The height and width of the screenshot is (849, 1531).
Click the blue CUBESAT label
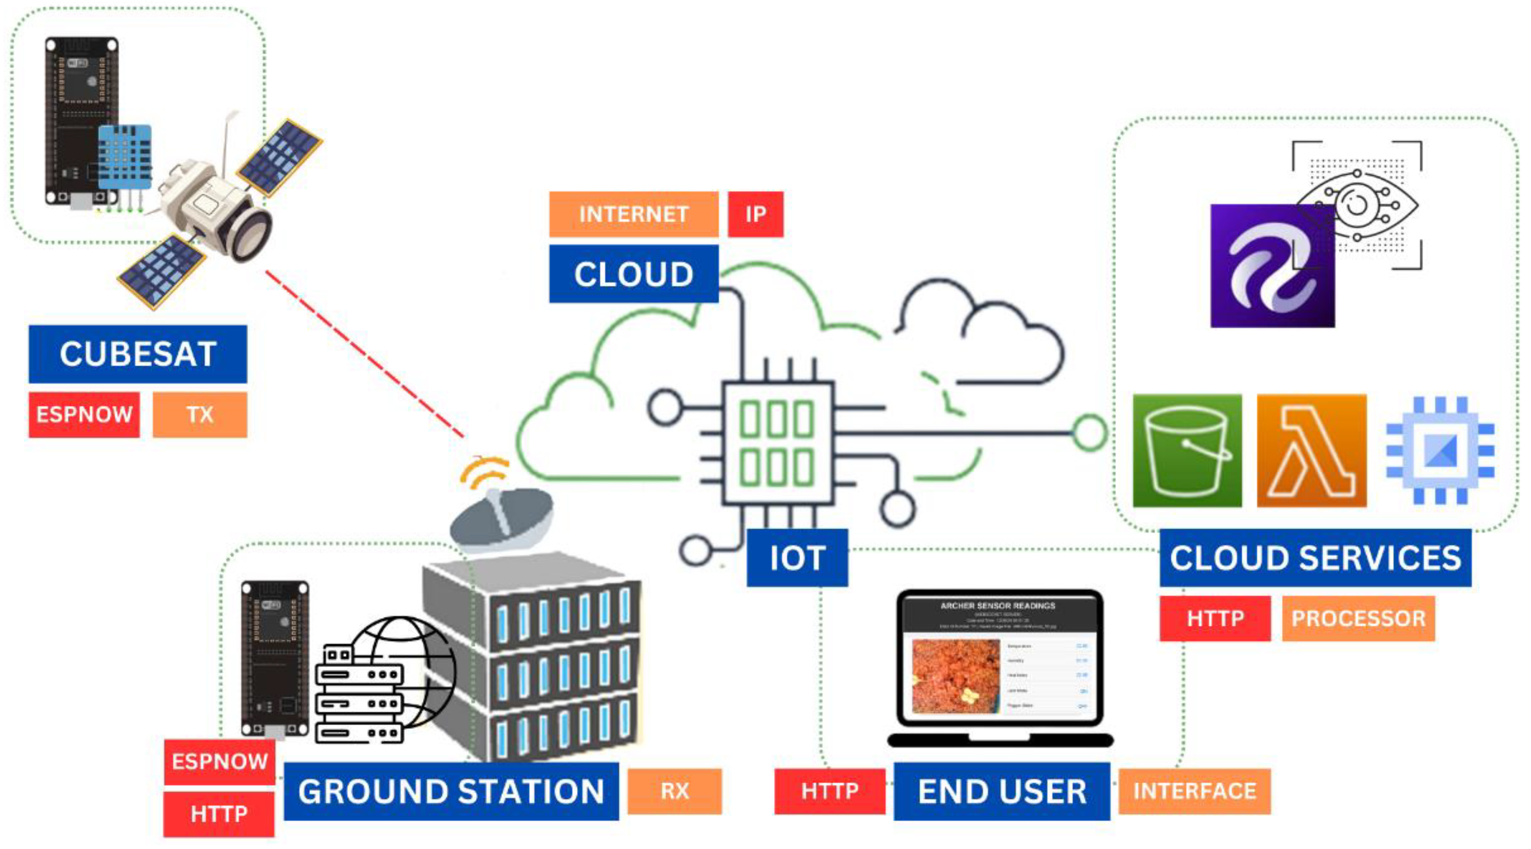tap(137, 354)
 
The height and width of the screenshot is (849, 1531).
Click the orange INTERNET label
tap(634, 214)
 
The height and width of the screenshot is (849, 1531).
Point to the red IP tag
tap(755, 214)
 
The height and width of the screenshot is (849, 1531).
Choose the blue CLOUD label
tap(634, 274)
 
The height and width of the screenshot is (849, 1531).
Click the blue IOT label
tap(797, 558)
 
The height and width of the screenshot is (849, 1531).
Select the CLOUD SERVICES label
tap(1315, 558)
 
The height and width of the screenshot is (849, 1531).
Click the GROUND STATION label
tap(451, 791)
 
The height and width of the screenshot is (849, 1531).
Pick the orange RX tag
tap(675, 791)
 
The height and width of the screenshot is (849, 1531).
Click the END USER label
tap(1002, 791)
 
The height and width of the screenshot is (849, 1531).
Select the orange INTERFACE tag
tap(1195, 791)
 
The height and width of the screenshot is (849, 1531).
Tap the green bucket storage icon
tap(1187, 451)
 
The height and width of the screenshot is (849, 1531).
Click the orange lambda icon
tap(1312, 451)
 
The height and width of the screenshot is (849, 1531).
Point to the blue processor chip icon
tap(1440, 451)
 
